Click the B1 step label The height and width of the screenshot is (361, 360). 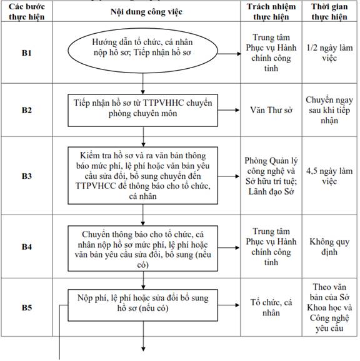tap(27, 53)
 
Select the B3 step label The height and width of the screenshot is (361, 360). tap(27, 176)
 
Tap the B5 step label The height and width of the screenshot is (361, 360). tap(27, 308)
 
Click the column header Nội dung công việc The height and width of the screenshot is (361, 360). tap(146, 12)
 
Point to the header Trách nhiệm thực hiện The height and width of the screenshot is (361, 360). tap(271, 12)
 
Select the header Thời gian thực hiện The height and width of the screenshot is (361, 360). tap(329, 12)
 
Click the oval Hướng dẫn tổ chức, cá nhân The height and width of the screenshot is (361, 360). tap(142, 51)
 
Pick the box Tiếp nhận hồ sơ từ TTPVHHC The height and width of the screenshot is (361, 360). tap(142, 110)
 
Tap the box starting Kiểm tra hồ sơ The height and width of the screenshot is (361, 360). tap(142, 176)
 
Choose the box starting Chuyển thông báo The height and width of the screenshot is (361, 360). tap(142, 248)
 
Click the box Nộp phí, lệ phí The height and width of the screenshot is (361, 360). tap(142, 305)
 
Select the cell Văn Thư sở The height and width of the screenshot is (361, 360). tap(271, 110)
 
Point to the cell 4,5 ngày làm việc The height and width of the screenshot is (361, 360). tap(329, 176)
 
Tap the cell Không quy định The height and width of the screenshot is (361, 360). tap(329, 247)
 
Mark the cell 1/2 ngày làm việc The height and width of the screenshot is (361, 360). tap(329, 53)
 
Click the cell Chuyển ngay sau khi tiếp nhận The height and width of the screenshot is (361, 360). tap(329, 110)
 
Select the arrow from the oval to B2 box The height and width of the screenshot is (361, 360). tap(143, 84)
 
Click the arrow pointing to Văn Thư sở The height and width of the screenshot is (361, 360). tap(229, 110)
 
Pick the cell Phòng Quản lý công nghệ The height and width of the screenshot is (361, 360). tap(271, 176)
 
